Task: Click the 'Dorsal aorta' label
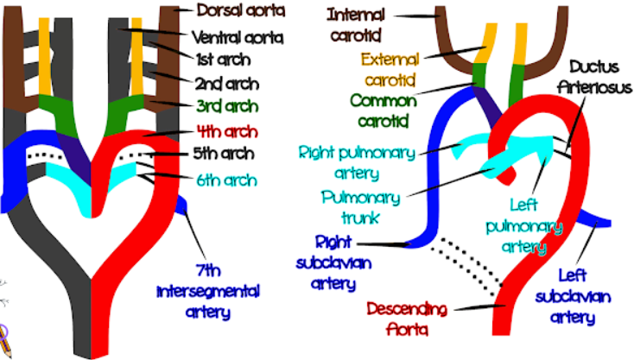(x=241, y=10)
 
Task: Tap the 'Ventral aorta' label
(x=238, y=38)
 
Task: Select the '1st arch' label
(x=224, y=60)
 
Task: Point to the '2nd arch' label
(x=227, y=84)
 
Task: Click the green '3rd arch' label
(x=227, y=107)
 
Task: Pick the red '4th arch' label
(x=227, y=132)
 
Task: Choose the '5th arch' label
(x=224, y=154)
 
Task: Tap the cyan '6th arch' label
(x=227, y=180)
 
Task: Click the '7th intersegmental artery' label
(x=208, y=291)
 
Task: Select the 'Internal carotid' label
(x=356, y=25)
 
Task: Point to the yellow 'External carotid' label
(x=390, y=69)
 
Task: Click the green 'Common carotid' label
(x=384, y=111)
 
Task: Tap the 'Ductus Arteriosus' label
(x=594, y=77)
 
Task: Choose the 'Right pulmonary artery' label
(x=357, y=163)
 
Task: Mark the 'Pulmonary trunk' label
(x=361, y=208)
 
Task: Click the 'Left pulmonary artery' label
(x=524, y=226)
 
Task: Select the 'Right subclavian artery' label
(x=333, y=262)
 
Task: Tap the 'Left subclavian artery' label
(x=573, y=297)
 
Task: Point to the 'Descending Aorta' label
(x=407, y=319)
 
